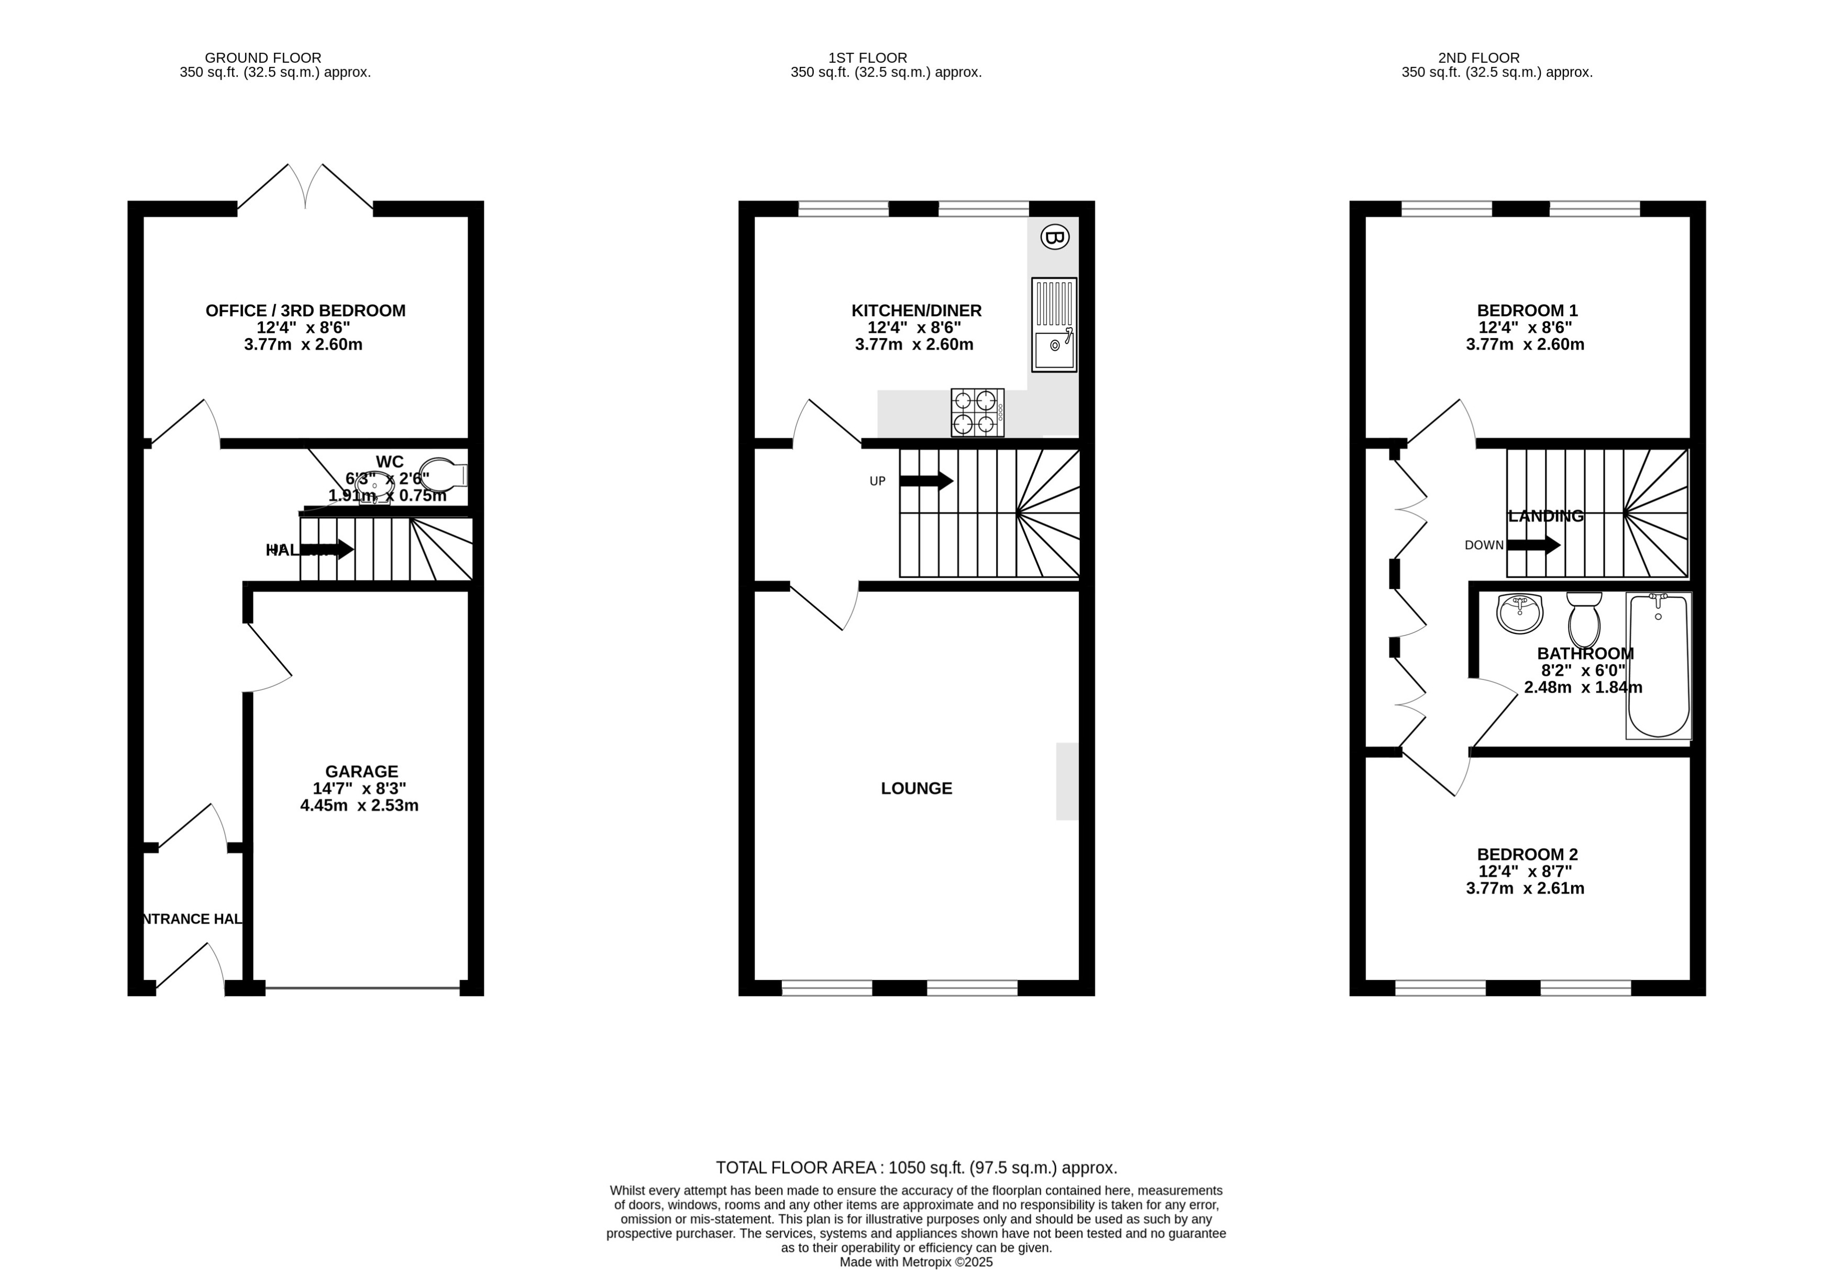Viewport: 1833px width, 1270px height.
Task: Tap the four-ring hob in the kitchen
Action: (x=977, y=412)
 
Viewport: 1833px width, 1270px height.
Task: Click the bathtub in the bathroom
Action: (x=1658, y=665)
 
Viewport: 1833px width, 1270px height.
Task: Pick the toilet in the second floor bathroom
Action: (x=1584, y=621)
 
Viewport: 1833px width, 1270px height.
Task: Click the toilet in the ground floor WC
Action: (x=444, y=474)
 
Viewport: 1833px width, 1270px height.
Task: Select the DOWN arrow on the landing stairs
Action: (x=1533, y=545)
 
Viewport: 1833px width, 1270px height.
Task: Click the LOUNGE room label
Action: (x=916, y=788)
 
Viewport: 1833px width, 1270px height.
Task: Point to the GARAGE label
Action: (x=361, y=771)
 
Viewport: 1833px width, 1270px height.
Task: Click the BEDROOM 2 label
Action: (x=1527, y=854)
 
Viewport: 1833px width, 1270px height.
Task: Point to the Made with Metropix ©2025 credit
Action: (x=915, y=1261)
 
